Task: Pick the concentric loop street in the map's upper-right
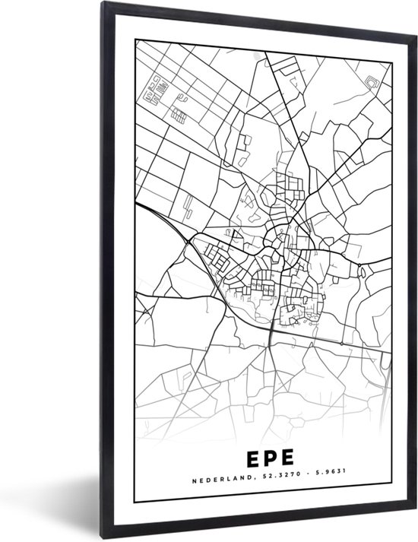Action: (372, 82)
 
